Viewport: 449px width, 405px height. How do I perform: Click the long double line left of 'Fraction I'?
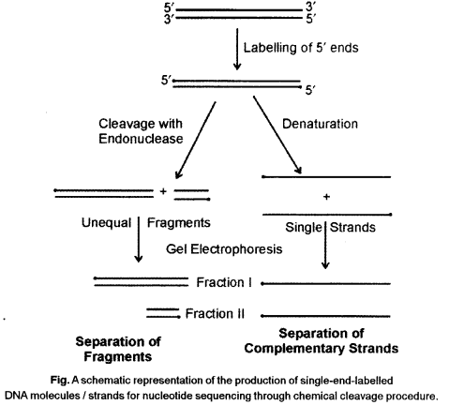(x=141, y=280)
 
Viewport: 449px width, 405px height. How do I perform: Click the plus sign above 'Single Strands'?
(x=327, y=198)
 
